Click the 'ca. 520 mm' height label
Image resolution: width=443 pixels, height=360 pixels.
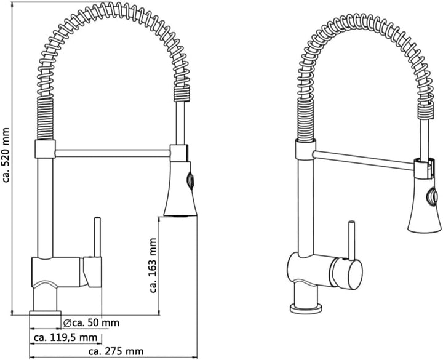(x=6, y=155)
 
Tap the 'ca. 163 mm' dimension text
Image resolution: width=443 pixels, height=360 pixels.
(x=153, y=265)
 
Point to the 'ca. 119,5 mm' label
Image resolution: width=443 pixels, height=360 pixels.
(x=65, y=337)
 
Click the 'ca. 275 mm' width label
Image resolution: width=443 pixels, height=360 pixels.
(x=116, y=351)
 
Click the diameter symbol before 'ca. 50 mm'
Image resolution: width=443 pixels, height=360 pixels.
(x=67, y=322)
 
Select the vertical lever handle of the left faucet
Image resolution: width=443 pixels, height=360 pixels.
(x=97, y=237)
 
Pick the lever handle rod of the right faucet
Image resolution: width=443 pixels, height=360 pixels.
(x=352, y=240)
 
